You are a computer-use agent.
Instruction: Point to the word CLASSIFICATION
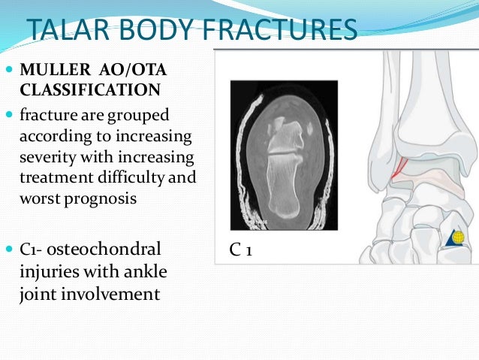pos(89,90)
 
